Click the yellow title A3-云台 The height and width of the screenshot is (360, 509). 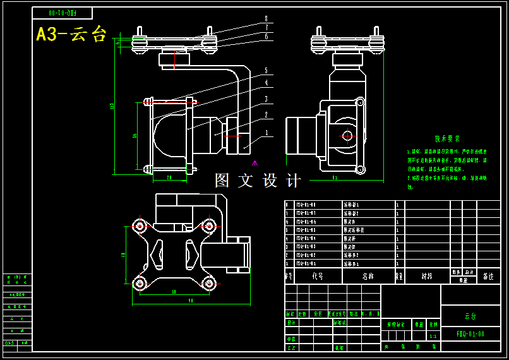click(71, 33)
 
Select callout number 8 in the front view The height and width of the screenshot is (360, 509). click(266, 18)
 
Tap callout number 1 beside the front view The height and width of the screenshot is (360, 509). click(266, 133)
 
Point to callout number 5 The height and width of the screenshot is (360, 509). click(266, 70)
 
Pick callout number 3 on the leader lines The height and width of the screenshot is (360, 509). click(266, 99)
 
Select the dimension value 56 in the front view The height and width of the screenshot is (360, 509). click(135, 135)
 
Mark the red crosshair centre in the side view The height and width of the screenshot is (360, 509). click(347, 135)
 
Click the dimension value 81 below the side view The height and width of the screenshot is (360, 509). click(335, 177)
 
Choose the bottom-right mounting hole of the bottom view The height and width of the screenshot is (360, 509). click(209, 283)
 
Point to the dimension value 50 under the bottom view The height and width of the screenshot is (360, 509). click(174, 292)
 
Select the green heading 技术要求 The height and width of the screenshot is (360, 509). click(447, 138)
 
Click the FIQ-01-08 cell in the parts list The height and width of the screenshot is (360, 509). click(306, 205)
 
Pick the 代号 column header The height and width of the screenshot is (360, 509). click(318, 276)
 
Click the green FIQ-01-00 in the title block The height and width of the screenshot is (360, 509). click(470, 333)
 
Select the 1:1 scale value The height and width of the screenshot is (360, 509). click(433, 337)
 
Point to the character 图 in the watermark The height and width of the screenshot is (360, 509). click(222, 181)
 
